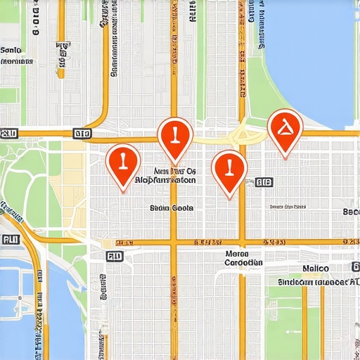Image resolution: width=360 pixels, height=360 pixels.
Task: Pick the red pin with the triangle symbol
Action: click(285, 129)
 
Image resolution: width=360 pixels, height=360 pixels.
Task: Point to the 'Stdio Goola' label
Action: click(172, 208)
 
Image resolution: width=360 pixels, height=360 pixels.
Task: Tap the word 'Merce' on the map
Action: click(238, 253)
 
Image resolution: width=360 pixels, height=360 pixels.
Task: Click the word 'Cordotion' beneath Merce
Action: click(243, 263)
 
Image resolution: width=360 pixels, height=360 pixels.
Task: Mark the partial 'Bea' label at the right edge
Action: click(351, 212)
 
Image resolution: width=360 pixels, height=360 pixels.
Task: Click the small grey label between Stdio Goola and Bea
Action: click(288, 207)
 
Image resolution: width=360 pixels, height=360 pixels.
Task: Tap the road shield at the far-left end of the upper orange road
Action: click(9, 132)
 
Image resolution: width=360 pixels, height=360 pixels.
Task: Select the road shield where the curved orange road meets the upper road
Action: click(82, 132)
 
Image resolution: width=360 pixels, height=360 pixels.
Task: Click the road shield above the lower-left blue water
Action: click(11, 239)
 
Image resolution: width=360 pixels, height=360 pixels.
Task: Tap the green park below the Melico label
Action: click(309, 323)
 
